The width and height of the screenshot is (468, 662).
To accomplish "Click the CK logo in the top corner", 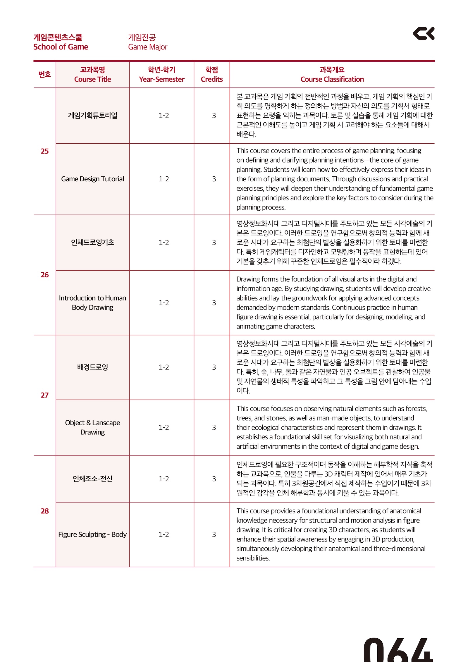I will click(x=423, y=34).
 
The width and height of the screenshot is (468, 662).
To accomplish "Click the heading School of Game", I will click(x=61, y=47).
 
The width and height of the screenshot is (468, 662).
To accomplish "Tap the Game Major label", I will click(x=147, y=47).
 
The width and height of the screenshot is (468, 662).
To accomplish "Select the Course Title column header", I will click(x=92, y=75).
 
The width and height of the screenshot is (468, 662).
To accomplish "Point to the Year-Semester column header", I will click(x=161, y=75).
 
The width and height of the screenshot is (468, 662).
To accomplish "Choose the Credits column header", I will click(x=212, y=75).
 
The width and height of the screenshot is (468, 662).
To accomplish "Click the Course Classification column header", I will click(x=332, y=75).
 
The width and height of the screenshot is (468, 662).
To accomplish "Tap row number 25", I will click(x=44, y=151).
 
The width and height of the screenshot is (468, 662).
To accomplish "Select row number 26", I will click(x=44, y=275).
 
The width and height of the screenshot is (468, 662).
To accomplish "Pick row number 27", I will click(x=44, y=395).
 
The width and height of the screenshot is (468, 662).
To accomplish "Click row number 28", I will click(x=44, y=511).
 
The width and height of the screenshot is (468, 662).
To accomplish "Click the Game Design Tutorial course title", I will click(x=92, y=179).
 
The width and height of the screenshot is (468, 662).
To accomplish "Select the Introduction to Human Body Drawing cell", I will click(x=92, y=303).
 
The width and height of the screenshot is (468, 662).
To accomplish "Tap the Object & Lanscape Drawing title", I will click(x=92, y=427).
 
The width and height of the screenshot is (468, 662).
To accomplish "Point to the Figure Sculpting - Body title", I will click(x=92, y=534).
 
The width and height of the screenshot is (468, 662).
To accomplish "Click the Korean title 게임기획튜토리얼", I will click(x=92, y=116).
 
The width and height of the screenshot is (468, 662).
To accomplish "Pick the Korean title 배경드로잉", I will click(x=92, y=367).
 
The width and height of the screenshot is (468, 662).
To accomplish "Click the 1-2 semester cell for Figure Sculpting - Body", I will click(x=164, y=534).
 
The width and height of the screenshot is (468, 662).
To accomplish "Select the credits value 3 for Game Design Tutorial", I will click(x=214, y=179).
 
